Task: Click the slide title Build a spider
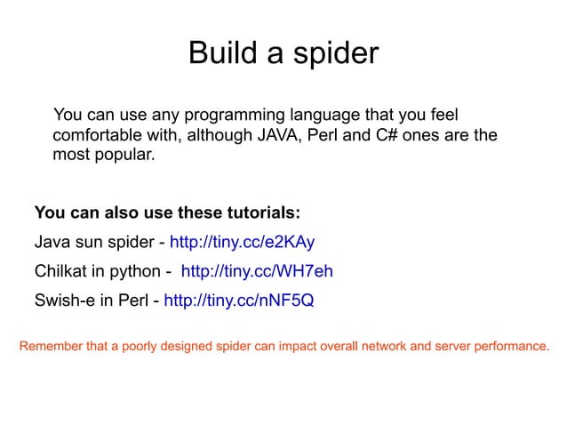(x=283, y=55)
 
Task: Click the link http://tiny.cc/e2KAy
(x=242, y=243)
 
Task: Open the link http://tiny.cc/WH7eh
(x=257, y=271)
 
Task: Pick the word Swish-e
(x=65, y=300)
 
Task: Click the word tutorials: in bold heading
(x=264, y=214)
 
